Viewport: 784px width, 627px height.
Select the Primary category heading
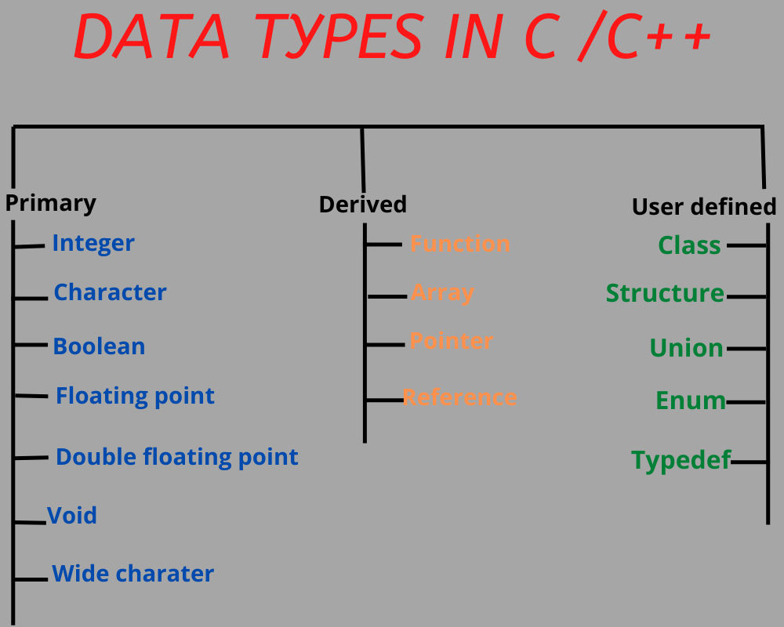coord(51,203)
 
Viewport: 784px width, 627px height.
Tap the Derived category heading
coord(362,205)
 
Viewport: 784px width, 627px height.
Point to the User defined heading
coord(703,207)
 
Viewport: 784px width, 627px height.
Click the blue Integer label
coord(93,244)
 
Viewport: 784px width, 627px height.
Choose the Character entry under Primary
coord(110,292)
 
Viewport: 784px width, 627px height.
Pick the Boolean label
coord(99,346)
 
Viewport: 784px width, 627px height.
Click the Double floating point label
coord(176,457)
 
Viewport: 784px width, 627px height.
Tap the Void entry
coord(72,516)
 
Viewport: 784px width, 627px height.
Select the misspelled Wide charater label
coord(132,574)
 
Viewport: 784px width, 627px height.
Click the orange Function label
coord(460,244)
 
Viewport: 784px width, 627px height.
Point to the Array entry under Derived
coord(442,293)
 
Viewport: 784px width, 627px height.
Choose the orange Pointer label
coord(452,341)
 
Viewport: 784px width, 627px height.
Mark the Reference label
coord(459,397)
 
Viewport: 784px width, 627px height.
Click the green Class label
coord(689,245)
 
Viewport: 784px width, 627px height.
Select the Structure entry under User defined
coord(665,293)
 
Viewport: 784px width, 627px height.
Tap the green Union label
coord(686,348)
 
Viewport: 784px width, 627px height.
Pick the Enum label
coord(691,400)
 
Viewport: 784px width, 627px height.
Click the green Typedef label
coord(681,460)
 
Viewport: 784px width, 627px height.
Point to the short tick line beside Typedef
coord(748,462)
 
